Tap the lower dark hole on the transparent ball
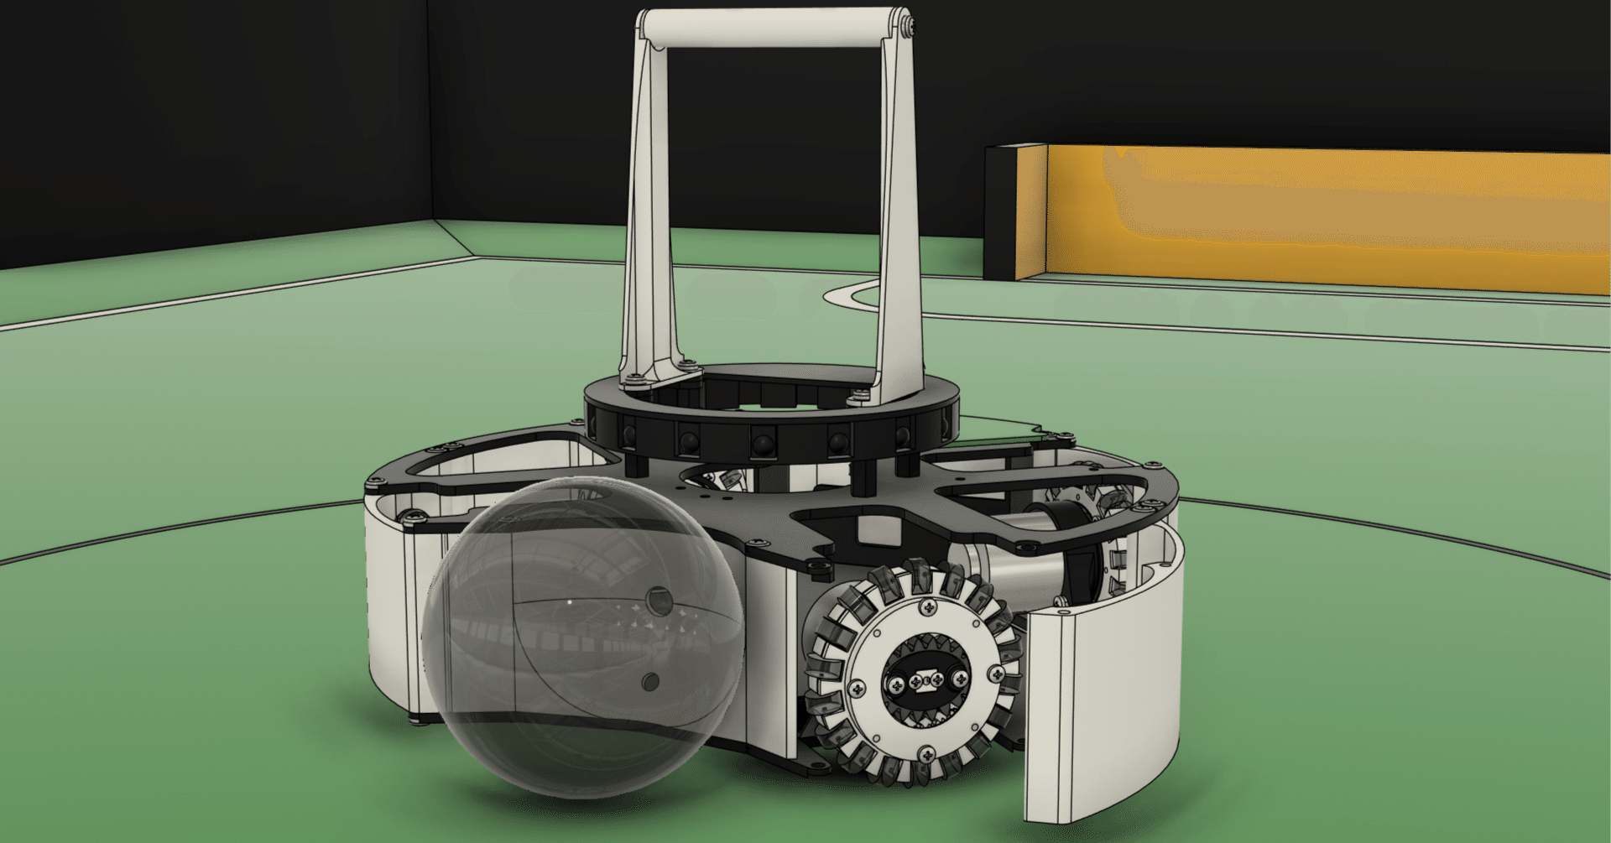650,681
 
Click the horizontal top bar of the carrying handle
772,28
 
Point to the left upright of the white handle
650,210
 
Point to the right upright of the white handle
898,210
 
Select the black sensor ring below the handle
772,436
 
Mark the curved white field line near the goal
847,294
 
